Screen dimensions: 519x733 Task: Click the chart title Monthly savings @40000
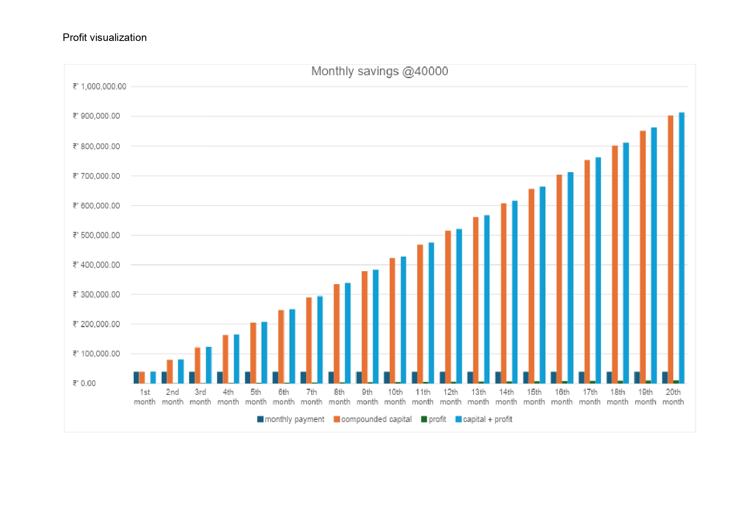379,71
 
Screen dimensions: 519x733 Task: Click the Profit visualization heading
104,38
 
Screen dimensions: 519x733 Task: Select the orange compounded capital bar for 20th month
670,249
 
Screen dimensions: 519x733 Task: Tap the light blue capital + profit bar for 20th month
682,247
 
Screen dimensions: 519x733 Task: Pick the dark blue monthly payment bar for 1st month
136,377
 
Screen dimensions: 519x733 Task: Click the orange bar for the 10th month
392,321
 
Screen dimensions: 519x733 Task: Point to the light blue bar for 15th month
543,285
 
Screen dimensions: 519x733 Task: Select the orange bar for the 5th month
253,353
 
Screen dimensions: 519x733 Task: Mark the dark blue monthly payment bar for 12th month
442,377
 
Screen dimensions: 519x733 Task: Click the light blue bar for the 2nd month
181,371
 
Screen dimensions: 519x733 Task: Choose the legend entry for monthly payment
291,419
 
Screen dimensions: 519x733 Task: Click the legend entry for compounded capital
373,419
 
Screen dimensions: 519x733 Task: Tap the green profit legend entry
434,419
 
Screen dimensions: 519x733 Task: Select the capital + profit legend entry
484,419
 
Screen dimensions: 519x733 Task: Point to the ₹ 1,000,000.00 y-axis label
99,86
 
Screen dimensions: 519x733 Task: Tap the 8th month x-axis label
339,397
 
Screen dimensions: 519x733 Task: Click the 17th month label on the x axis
590,397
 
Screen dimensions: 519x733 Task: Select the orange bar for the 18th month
615,264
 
